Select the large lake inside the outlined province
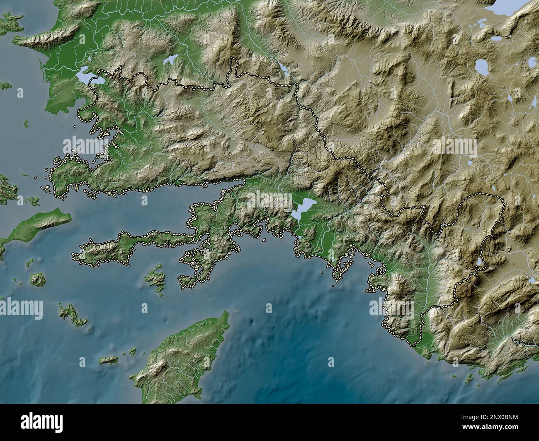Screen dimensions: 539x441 303,207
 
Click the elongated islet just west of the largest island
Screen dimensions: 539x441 109,361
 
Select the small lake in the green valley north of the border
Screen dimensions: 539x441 170,60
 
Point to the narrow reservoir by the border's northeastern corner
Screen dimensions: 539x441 285,70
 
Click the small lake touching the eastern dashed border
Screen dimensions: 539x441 480,262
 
